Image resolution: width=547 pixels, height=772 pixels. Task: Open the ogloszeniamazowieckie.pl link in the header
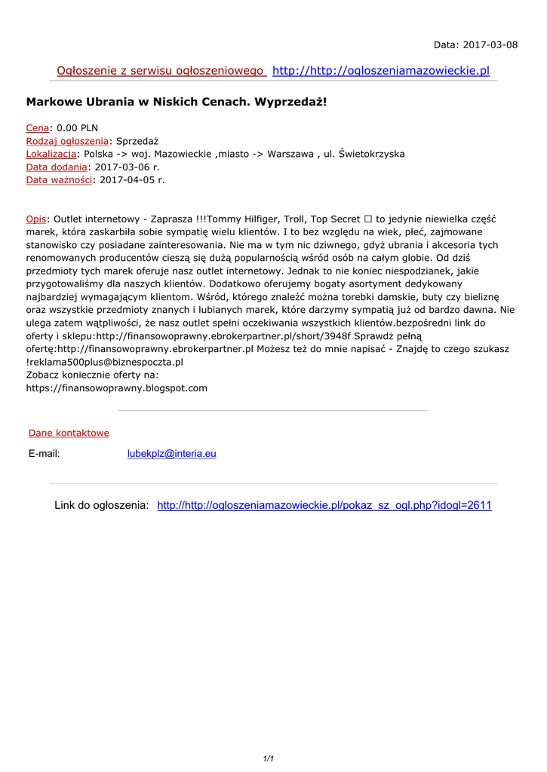click(381, 71)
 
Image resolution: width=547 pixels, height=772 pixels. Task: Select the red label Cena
click(38, 128)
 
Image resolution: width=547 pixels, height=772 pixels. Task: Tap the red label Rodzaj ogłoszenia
click(67, 141)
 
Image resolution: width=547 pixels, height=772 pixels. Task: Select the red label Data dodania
click(57, 167)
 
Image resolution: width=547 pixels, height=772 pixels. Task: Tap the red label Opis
click(36, 219)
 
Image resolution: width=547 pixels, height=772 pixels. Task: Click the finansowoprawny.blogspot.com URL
click(116, 388)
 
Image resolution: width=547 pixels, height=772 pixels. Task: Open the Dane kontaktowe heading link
click(69, 433)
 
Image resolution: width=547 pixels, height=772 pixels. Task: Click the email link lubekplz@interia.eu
click(171, 454)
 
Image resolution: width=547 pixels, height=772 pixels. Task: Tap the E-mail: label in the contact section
click(44, 454)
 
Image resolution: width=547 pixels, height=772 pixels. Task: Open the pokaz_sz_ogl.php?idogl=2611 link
click(324, 505)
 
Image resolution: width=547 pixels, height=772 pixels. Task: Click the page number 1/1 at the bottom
click(268, 758)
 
